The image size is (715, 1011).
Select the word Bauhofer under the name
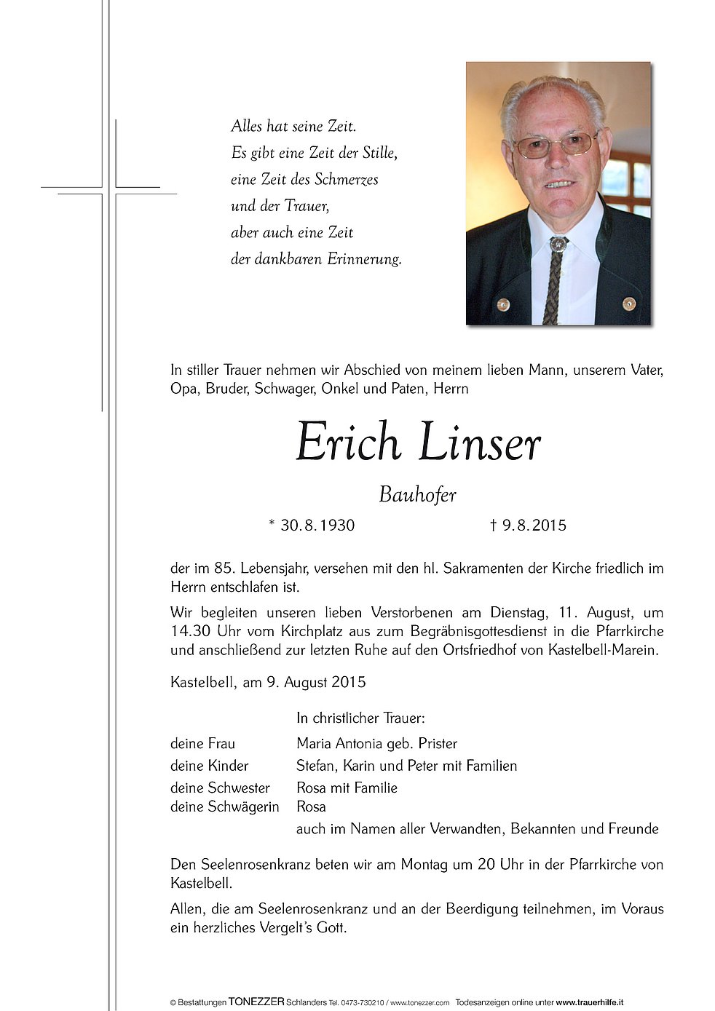(x=417, y=496)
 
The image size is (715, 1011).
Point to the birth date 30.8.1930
(x=317, y=526)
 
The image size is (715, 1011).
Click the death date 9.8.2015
(x=534, y=526)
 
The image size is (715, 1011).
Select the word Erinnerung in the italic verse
(x=364, y=259)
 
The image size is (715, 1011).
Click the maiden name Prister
(x=438, y=744)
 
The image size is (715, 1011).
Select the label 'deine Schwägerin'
(x=224, y=806)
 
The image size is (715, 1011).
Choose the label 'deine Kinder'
(x=210, y=766)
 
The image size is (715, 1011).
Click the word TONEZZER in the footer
(x=256, y=1002)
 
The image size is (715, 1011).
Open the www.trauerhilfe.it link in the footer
(x=589, y=1002)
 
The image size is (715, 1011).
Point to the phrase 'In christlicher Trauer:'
(x=360, y=718)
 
